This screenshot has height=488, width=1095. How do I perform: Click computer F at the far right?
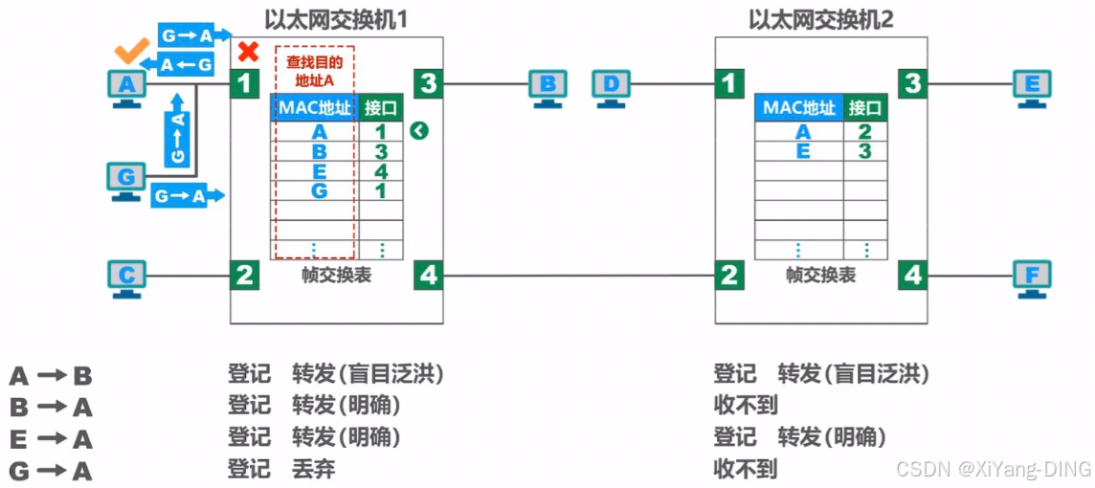click(1031, 278)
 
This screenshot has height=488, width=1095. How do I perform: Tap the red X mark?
click(249, 52)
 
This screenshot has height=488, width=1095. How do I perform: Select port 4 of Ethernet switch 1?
click(428, 277)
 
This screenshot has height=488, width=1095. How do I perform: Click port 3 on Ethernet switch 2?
click(912, 84)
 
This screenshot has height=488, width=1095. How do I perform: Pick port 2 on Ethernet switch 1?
click(245, 277)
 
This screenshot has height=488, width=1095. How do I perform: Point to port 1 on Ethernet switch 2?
click(731, 84)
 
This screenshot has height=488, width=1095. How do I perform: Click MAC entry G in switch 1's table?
click(319, 190)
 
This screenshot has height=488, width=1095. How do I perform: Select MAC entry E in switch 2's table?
click(802, 150)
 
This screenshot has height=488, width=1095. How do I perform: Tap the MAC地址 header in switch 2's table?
click(798, 108)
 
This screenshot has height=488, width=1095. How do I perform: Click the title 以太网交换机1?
click(337, 19)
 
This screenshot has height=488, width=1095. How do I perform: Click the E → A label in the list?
click(51, 439)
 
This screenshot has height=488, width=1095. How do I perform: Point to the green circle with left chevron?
click(417, 130)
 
